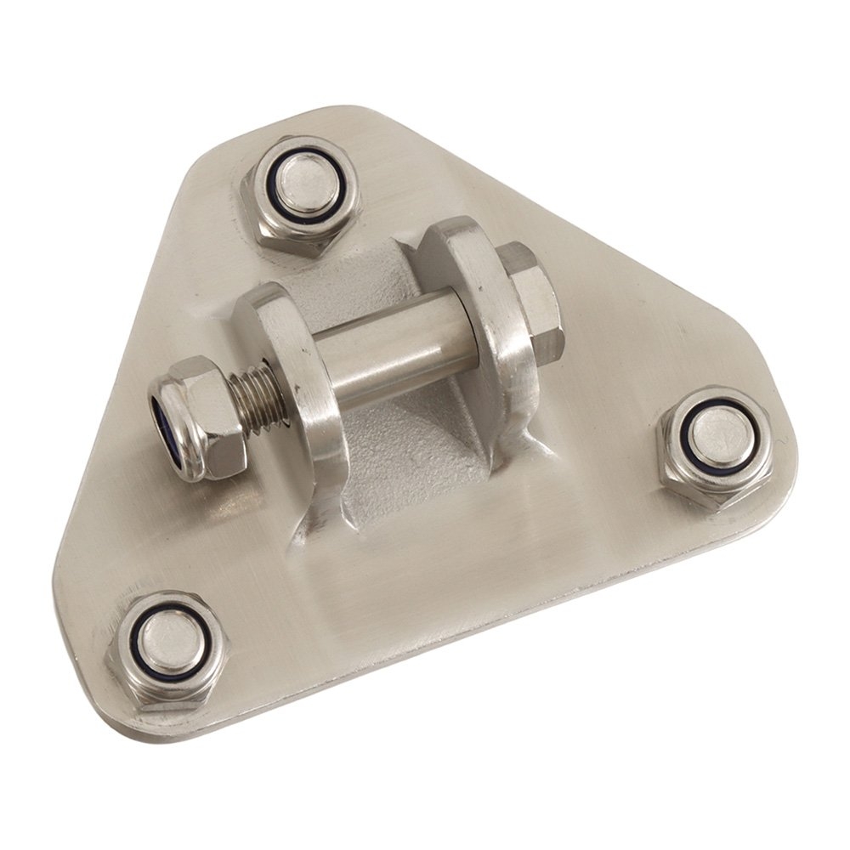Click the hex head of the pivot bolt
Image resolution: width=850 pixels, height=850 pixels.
[x=527, y=297]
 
